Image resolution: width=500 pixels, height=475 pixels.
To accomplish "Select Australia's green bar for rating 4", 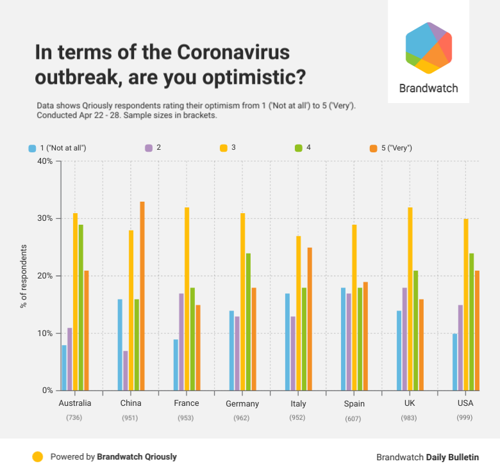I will coord(81,307).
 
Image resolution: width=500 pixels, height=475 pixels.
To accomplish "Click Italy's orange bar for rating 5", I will coord(309,319).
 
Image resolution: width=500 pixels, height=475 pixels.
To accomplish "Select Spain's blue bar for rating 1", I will coord(344,339).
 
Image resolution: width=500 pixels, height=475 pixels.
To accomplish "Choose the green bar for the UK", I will coord(415,330).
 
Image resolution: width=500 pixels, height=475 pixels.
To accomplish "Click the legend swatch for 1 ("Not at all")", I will coord(32,148).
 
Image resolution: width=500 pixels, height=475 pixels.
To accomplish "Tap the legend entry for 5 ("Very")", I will coord(391,148).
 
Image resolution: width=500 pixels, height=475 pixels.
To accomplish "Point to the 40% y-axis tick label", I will coord(44,161).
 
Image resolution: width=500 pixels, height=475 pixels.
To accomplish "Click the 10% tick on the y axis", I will coord(44,334).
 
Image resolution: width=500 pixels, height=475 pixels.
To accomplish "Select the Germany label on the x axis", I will coord(242,404).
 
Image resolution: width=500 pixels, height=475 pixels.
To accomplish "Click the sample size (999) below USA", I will coord(465,418).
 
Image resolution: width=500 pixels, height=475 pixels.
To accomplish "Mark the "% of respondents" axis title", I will coord(23,276).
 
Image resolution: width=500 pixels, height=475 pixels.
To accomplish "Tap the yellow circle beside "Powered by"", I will coord(38,457).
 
